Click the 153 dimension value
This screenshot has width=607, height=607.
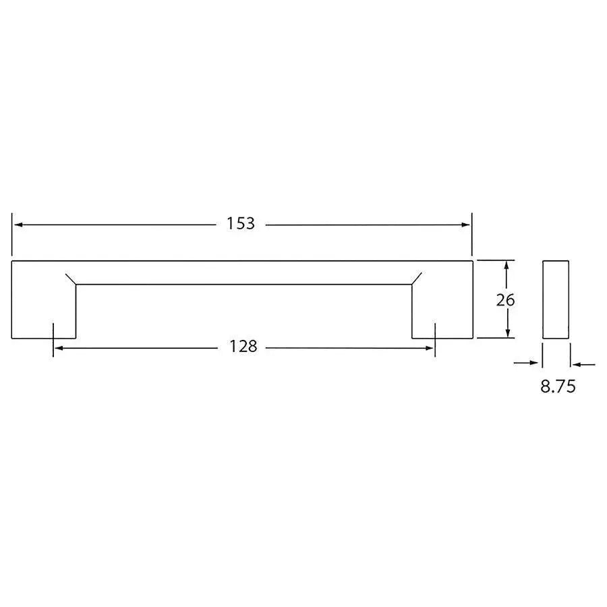pyautogui.click(x=241, y=224)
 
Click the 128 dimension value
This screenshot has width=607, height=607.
pyautogui.click(x=243, y=347)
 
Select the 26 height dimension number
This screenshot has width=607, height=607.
pyautogui.click(x=505, y=300)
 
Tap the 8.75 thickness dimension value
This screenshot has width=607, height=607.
pyautogui.click(x=557, y=387)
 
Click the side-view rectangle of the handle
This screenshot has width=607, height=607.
pyautogui.click(x=556, y=299)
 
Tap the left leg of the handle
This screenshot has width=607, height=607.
pyautogui.click(x=44, y=310)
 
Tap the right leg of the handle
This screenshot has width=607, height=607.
pyautogui.click(x=442, y=310)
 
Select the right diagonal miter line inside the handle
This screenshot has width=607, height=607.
pyautogui.click(x=416, y=279)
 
